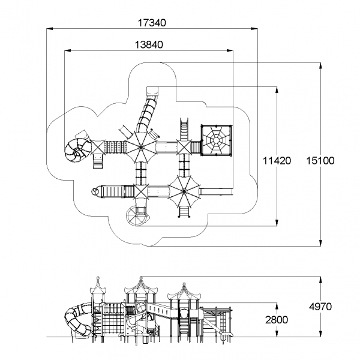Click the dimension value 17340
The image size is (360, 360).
pos(152,22)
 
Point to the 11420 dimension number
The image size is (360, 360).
pos(277,161)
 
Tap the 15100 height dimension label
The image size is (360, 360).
pos(319,161)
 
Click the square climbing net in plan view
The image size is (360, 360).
pos(215,140)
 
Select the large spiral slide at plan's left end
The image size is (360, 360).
pos(77,149)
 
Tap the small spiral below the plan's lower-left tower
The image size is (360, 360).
pos(135,215)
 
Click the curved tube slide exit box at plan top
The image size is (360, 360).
pos(151,92)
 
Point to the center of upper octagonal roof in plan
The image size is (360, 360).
pos(140,146)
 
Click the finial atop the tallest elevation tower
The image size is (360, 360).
pos(142,278)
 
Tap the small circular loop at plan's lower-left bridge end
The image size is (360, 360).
pos(94,191)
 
